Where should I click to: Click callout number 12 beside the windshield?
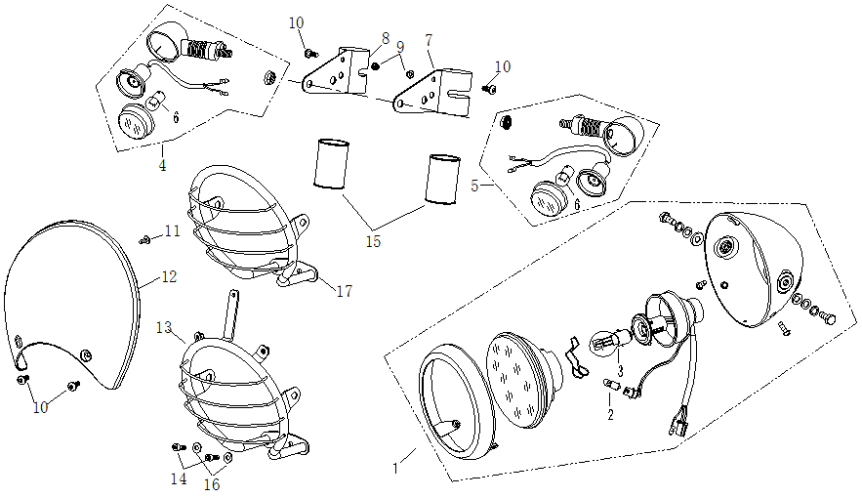(169, 277)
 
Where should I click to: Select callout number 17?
(343, 291)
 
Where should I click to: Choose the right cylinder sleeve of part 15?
(443, 178)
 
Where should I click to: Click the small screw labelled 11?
(145, 237)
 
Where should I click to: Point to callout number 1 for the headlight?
(395, 469)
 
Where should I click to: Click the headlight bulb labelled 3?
(605, 343)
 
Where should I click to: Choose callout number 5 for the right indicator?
(474, 184)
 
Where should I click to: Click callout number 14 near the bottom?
(179, 479)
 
